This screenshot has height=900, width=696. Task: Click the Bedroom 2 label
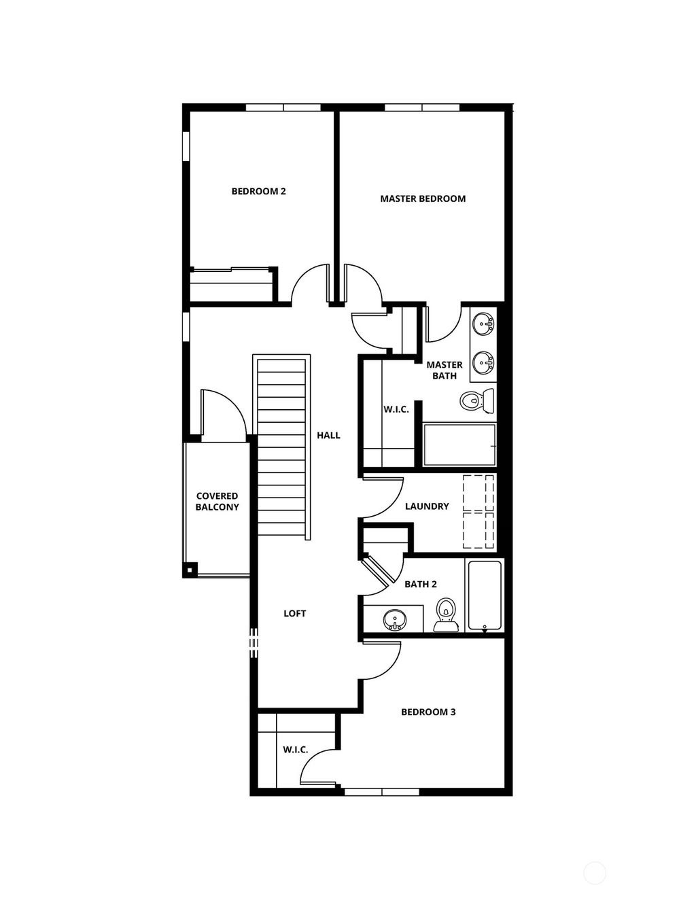[x=258, y=191]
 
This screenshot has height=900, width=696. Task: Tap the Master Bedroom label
[x=423, y=198]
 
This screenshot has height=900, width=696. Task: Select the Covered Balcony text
[x=217, y=502]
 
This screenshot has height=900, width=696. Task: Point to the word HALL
[x=328, y=435]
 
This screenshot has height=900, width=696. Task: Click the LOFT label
[x=294, y=613]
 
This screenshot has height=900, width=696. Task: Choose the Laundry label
[x=427, y=506]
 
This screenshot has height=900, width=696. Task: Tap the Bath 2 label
[x=420, y=584]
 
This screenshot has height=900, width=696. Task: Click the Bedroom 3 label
[x=428, y=712]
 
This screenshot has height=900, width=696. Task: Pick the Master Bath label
[x=444, y=370]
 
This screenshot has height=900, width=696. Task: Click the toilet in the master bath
[x=477, y=401]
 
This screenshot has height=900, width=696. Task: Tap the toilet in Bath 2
[x=445, y=612]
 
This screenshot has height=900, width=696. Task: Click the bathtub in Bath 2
[x=485, y=595]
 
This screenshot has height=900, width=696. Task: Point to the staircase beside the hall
[x=282, y=446]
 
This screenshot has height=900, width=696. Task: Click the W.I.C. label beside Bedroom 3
[x=296, y=749]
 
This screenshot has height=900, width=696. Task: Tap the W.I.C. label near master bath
[x=396, y=409]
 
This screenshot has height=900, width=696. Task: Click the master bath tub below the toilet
[x=459, y=445]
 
